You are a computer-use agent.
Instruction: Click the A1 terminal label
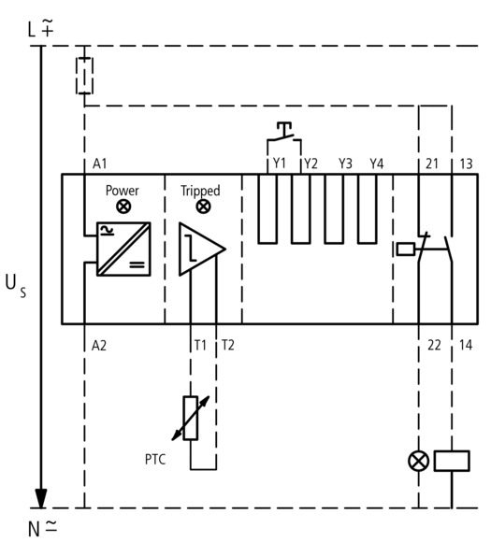100,164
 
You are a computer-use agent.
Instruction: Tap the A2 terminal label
99,346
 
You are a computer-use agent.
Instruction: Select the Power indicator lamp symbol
123,207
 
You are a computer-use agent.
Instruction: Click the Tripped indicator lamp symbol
203,207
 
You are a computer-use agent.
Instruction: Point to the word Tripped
200,192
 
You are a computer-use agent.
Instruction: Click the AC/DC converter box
123,249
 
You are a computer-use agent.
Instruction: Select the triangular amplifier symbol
202,249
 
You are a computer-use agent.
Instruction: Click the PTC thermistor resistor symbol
190,419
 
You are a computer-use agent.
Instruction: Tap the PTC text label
155,460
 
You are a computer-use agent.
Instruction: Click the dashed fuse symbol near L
84,76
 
